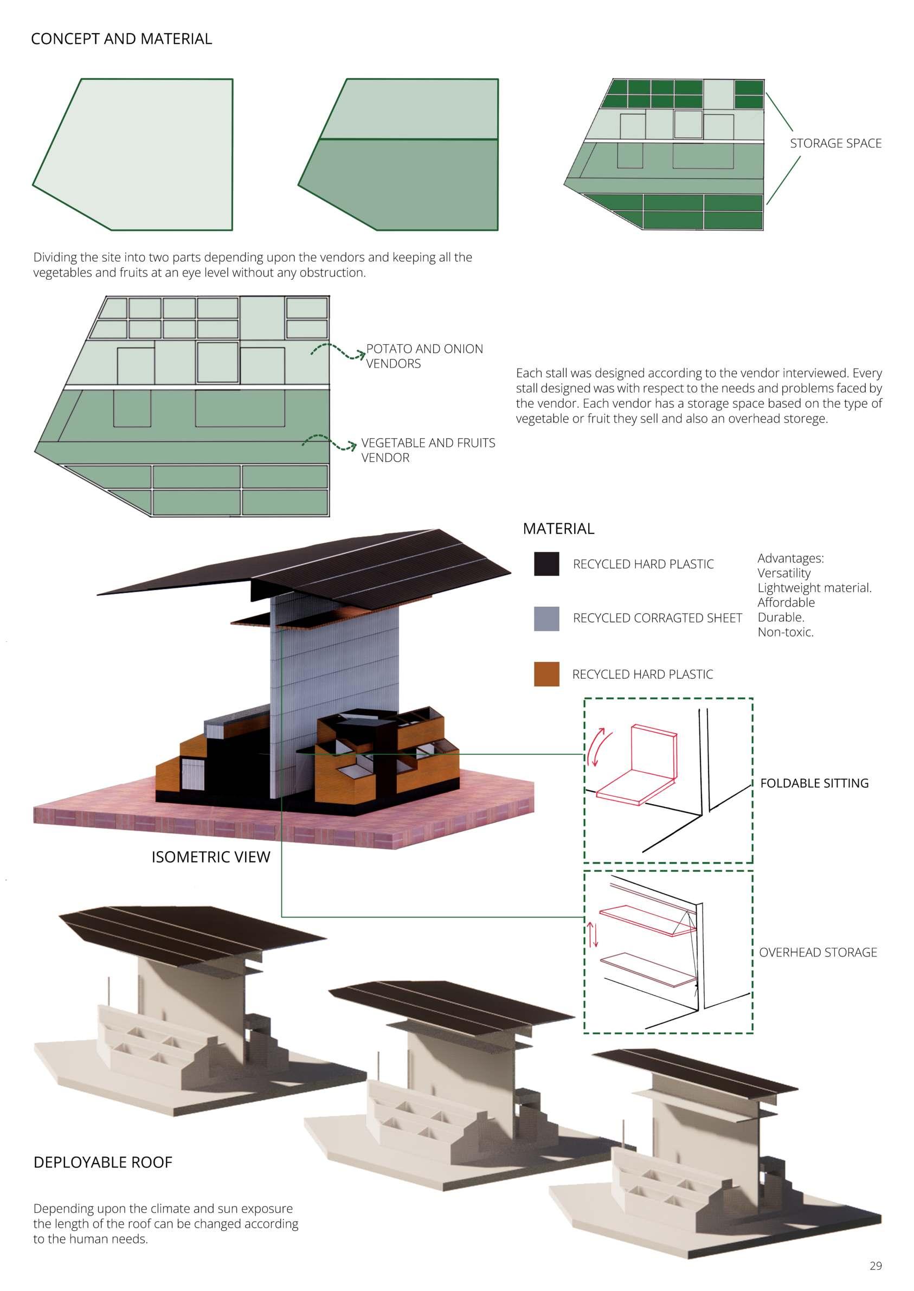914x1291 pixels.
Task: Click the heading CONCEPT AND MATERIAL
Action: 121,39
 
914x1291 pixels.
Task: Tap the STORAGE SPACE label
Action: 835,144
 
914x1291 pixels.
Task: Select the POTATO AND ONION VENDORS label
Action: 424,356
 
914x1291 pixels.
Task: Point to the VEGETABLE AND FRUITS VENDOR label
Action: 428,450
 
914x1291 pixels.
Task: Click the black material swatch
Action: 546,564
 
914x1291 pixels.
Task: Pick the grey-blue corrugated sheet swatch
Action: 546,619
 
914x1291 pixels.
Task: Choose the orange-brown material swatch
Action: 546,674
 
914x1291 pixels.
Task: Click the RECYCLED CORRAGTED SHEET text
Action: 657,619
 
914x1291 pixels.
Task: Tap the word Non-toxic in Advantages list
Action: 785,632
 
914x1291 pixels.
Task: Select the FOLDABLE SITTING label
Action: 814,783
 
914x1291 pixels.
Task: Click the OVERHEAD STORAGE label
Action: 818,953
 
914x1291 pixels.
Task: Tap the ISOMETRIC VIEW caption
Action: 210,857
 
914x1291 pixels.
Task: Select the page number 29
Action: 876,1266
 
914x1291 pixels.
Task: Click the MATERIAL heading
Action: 558,529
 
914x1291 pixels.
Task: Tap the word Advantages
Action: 790,558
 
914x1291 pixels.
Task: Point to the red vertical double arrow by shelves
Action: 593,934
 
